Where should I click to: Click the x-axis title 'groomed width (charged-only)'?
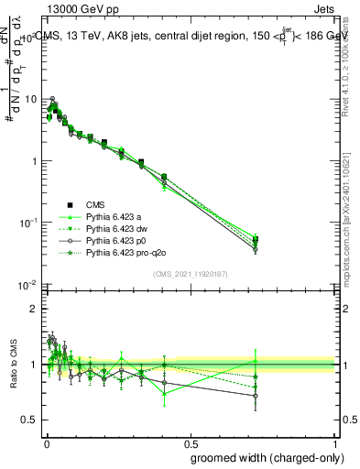263,458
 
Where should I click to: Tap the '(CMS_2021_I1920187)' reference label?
190,273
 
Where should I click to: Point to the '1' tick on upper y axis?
33,161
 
